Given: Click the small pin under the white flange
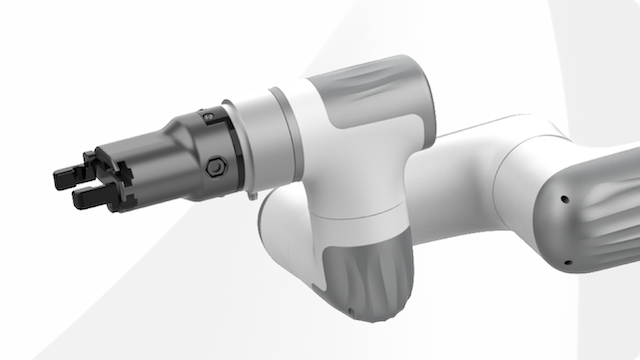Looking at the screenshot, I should tap(254, 194).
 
